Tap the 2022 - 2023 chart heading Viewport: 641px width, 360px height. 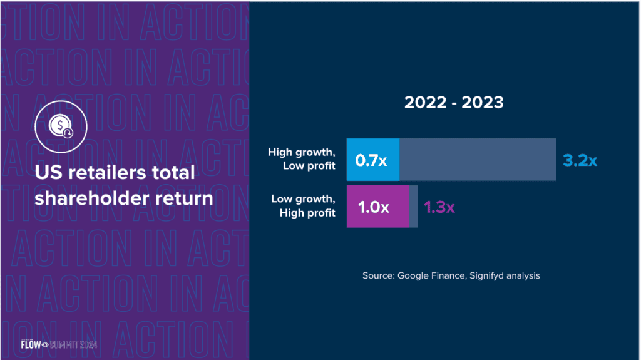pos(453,102)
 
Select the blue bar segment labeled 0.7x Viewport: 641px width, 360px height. pos(372,160)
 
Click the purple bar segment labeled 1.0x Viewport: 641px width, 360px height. pos(377,207)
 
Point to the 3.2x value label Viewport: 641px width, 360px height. pos(580,161)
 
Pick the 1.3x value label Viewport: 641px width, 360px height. pos(439,207)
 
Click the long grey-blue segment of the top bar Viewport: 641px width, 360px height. pos(478,160)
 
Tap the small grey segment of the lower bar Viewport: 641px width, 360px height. pos(413,207)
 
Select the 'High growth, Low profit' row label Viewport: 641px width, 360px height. pos(302,158)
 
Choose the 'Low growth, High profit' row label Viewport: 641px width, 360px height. pos(303,205)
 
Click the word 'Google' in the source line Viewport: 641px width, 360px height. pos(414,275)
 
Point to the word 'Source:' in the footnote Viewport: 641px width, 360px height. pos(378,275)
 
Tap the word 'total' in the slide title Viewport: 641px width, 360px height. pos(172,172)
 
